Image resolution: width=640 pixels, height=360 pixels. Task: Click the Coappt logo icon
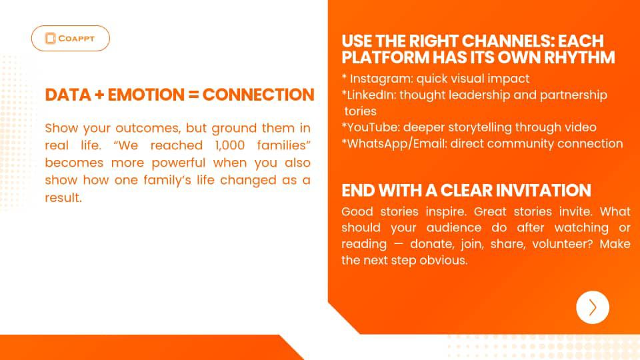(x=50, y=39)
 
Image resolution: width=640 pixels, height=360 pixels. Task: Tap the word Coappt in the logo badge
(x=76, y=39)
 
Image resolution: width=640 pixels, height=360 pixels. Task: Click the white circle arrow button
(x=592, y=307)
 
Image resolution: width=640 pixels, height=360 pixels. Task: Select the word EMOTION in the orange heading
(x=146, y=95)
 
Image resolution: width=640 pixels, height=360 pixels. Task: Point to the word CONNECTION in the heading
(x=259, y=95)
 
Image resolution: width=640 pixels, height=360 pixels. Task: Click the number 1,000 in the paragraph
(x=230, y=145)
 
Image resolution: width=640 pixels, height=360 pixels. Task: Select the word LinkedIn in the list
(x=371, y=95)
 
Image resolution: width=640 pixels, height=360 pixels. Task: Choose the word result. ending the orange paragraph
(x=63, y=198)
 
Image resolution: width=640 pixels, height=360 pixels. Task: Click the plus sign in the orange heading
(x=99, y=95)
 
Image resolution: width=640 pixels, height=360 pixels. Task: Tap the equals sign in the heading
(x=194, y=95)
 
